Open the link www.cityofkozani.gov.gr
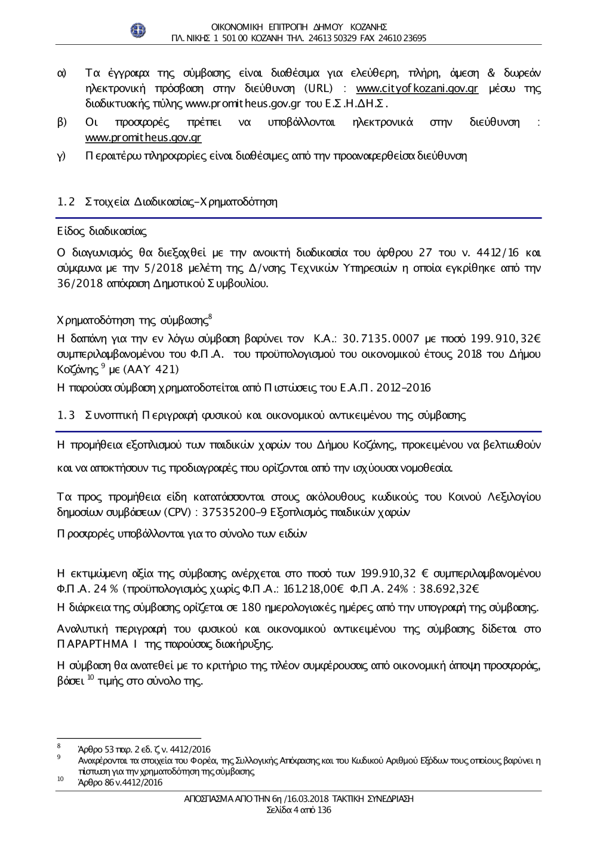[x=417, y=89]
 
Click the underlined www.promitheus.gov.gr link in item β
[x=143, y=138]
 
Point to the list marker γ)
[x=61, y=156]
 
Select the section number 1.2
[x=65, y=202]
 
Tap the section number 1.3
[x=65, y=414]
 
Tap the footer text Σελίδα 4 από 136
[x=298, y=810]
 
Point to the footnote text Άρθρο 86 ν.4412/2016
[x=120, y=782]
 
